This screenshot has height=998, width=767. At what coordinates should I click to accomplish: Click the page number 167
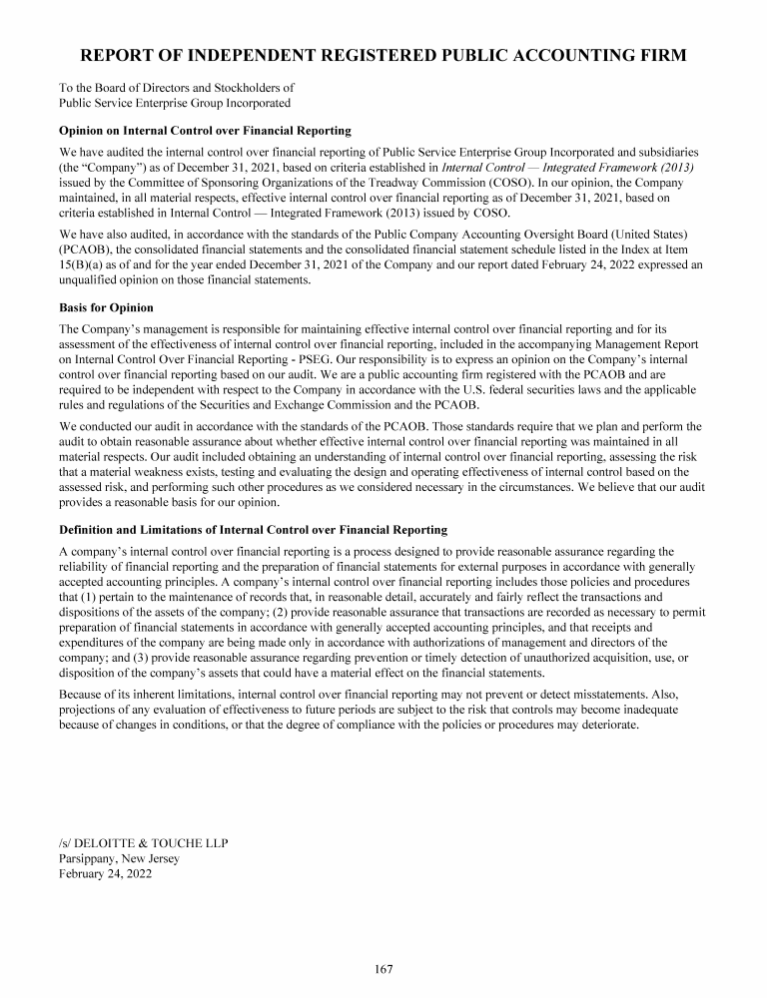(x=383, y=968)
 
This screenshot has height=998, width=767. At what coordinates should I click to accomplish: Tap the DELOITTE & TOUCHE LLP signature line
(x=144, y=843)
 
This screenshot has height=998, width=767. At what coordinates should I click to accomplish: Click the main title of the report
(x=383, y=55)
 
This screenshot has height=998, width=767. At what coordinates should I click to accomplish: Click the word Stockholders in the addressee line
(x=243, y=88)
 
